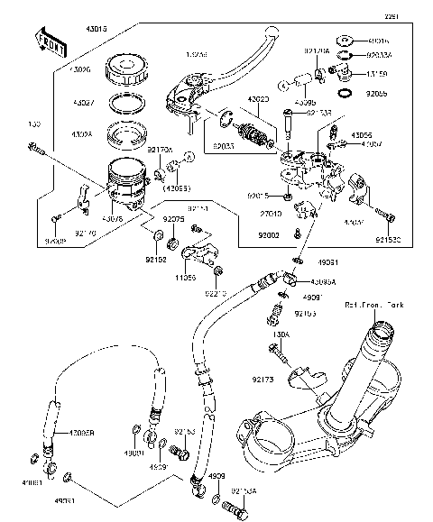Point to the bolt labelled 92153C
pos(389,215)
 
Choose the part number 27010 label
pos(271,214)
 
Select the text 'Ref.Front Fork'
pos(373,307)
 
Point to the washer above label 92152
pos(157,237)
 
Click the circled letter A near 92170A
pos(187,158)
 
